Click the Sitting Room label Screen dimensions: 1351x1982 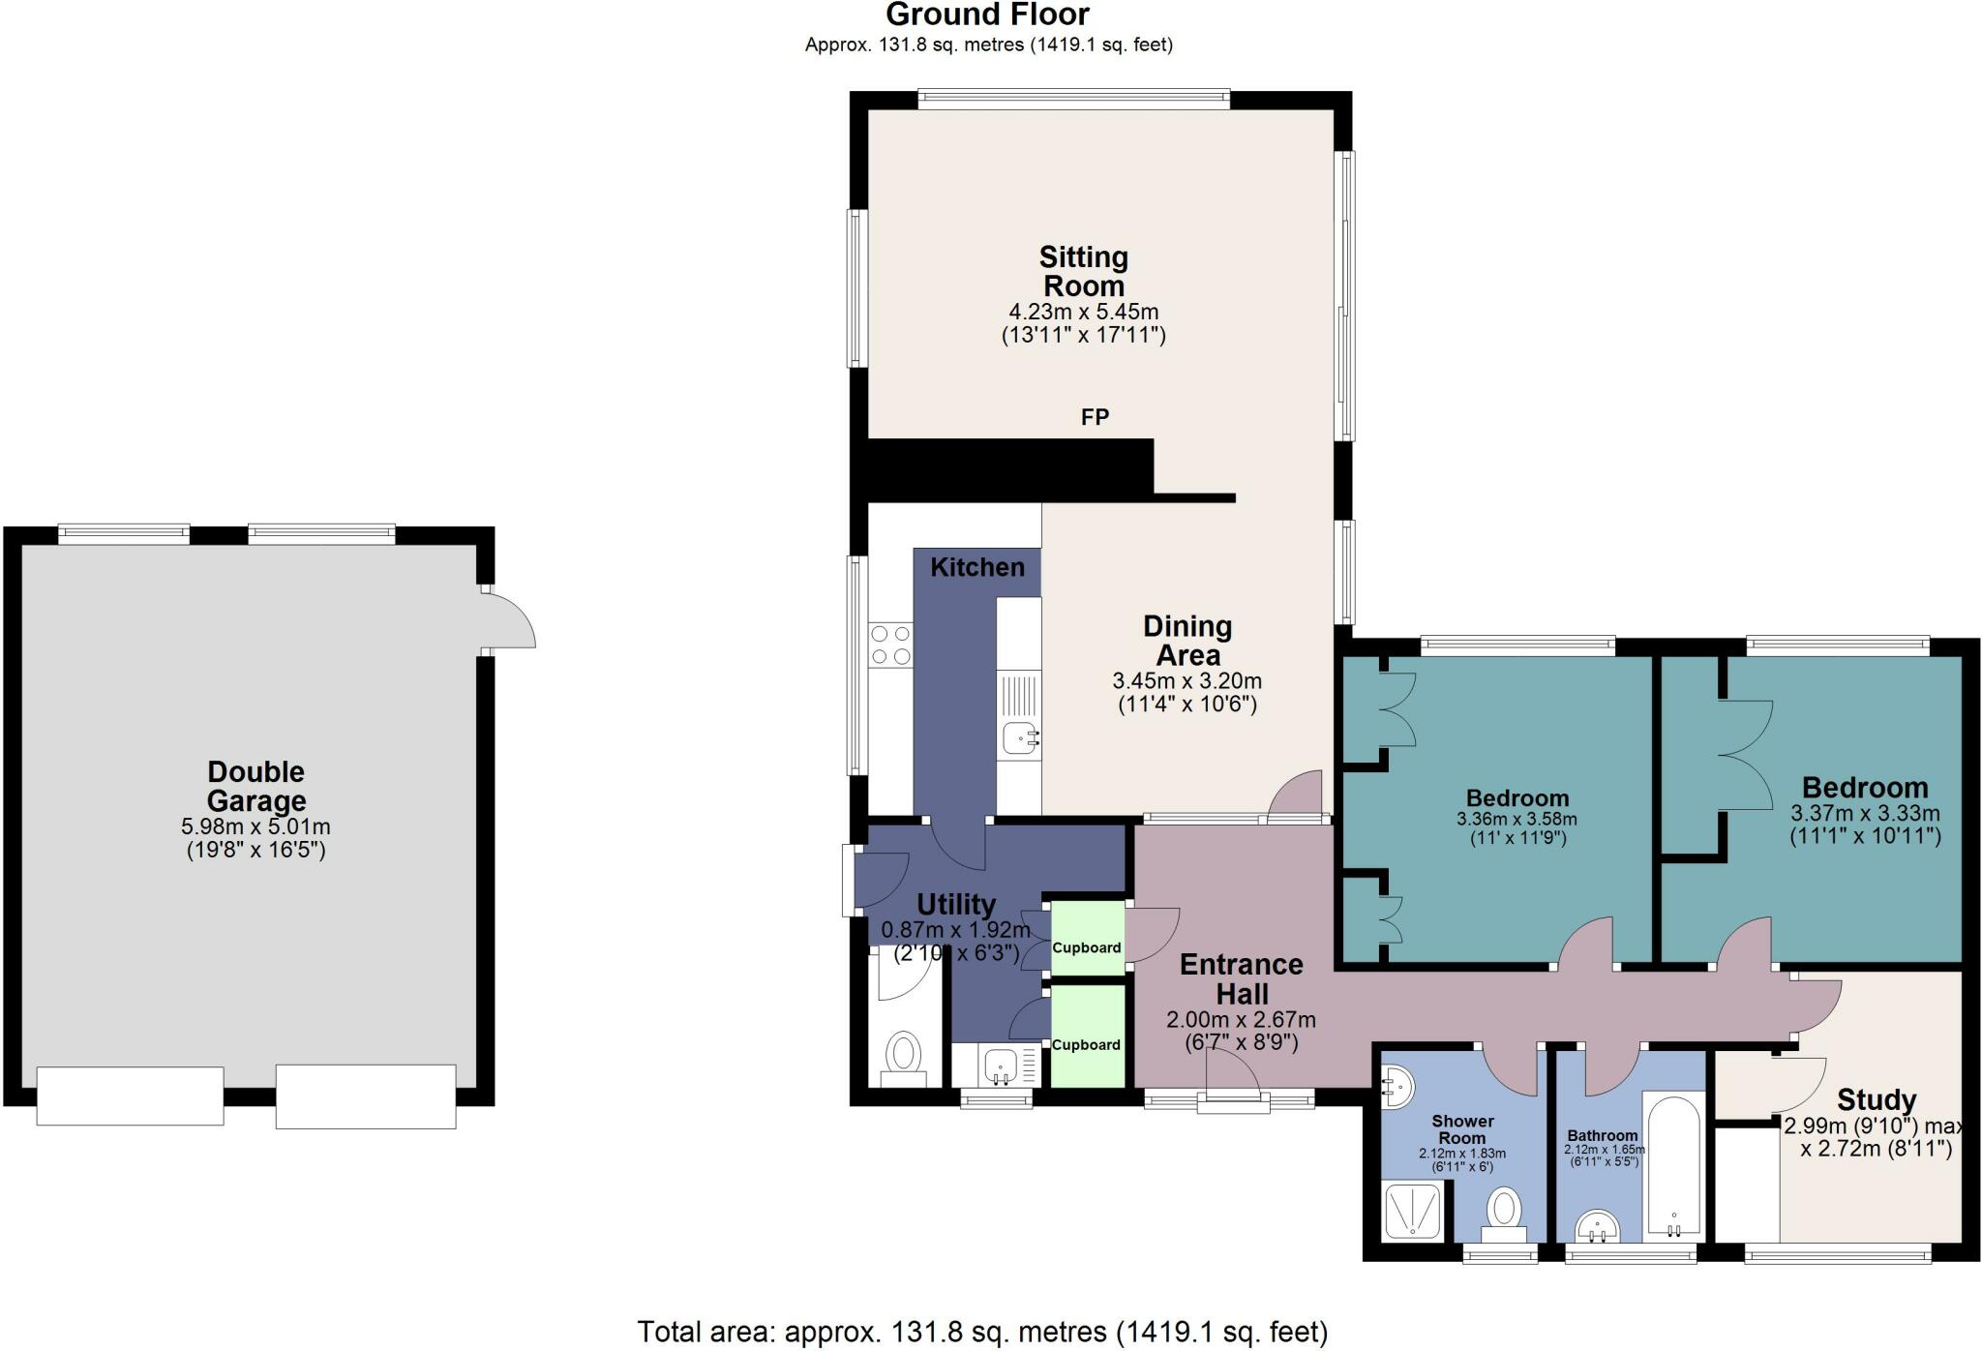[x=1083, y=272]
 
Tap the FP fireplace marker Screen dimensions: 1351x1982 [x=1095, y=417]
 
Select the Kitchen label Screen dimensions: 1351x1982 [x=976, y=567]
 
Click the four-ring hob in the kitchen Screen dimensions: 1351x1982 [x=890, y=645]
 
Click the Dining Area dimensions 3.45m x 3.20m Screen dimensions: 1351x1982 [x=1187, y=680]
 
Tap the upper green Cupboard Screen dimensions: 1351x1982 [x=1087, y=940]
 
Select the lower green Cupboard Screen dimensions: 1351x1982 [x=1087, y=1036]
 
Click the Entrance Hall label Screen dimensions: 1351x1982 [x=1242, y=979]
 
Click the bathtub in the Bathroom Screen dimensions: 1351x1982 [x=1674, y=1166]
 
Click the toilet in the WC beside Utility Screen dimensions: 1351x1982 [x=905, y=1055]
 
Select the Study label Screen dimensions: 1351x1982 [x=1877, y=1100]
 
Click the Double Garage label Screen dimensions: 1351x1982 [x=255, y=786]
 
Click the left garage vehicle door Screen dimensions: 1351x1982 [x=130, y=1096]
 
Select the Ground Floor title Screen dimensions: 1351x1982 [x=987, y=15]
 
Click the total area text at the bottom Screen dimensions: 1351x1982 [x=982, y=1332]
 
